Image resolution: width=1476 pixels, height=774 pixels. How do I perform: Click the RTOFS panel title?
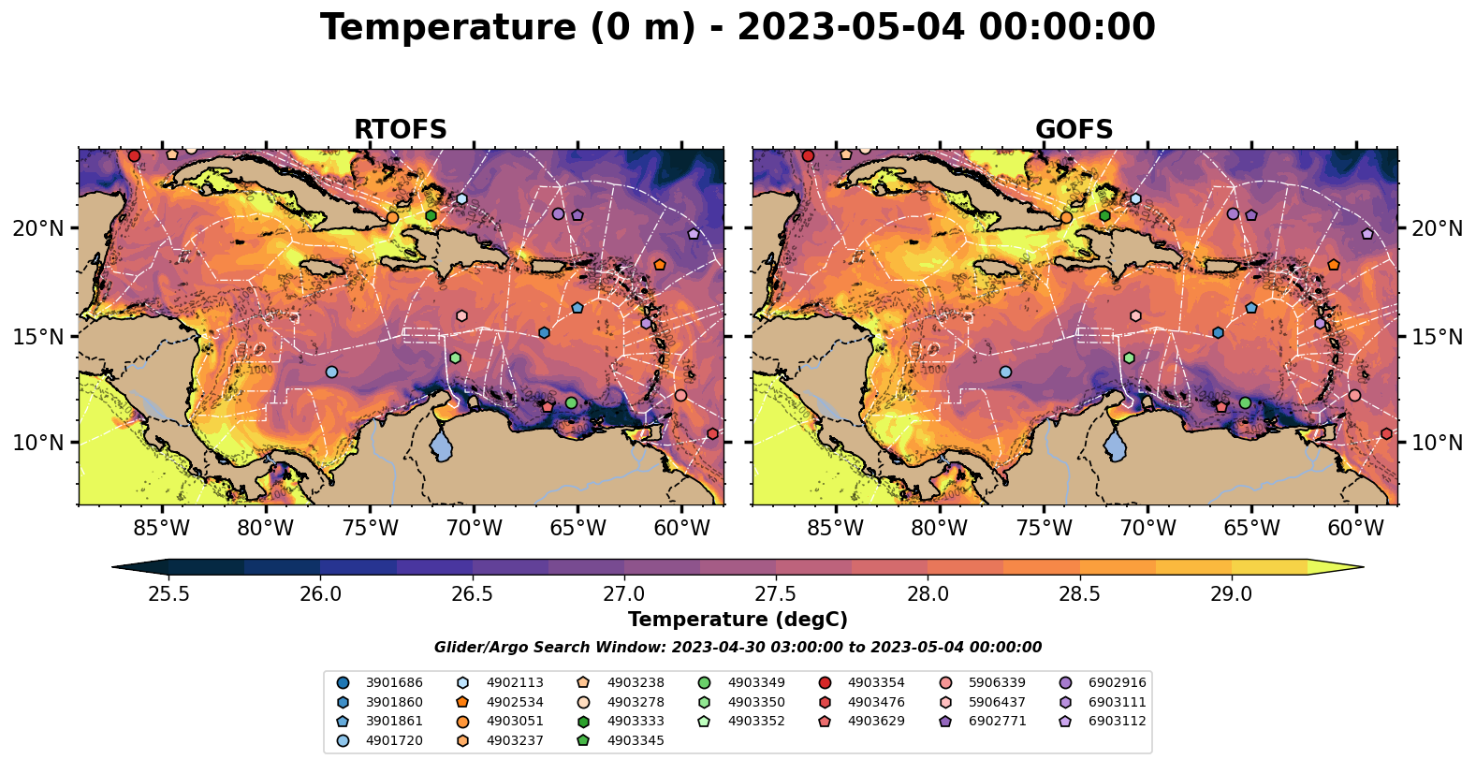tap(400, 130)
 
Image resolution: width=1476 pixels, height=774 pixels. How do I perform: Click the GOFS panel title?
tap(1074, 130)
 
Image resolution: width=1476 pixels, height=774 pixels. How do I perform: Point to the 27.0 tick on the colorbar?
tap(624, 594)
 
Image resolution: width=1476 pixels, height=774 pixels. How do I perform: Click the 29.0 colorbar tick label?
tap(1231, 594)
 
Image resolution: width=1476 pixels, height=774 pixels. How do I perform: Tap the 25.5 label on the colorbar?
tap(169, 594)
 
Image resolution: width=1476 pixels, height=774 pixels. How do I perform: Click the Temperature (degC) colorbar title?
tap(738, 620)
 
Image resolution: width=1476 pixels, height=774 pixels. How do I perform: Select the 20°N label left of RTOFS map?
tap(38, 228)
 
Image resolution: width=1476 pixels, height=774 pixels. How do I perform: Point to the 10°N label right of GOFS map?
tap(1437, 443)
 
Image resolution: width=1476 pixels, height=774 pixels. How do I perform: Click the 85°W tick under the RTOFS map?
tap(162, 528)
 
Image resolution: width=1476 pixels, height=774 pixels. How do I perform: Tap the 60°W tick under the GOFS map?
tap(1355, 528)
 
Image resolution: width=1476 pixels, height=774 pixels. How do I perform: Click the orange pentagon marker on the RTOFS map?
tap(660, 265)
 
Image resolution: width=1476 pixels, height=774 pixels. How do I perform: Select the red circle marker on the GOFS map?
tap(808, 155)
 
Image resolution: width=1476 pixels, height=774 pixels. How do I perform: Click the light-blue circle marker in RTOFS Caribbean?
tap(331, 372)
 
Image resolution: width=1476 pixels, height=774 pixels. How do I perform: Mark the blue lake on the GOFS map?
tap(1116, 445)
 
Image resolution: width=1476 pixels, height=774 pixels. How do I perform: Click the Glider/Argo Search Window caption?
tap(738, 648)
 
